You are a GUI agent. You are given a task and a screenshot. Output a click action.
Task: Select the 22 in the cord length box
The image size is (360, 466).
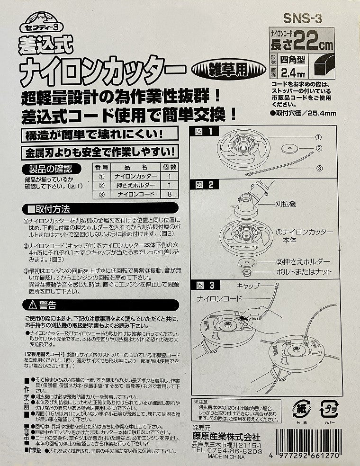tap(305, 45)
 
